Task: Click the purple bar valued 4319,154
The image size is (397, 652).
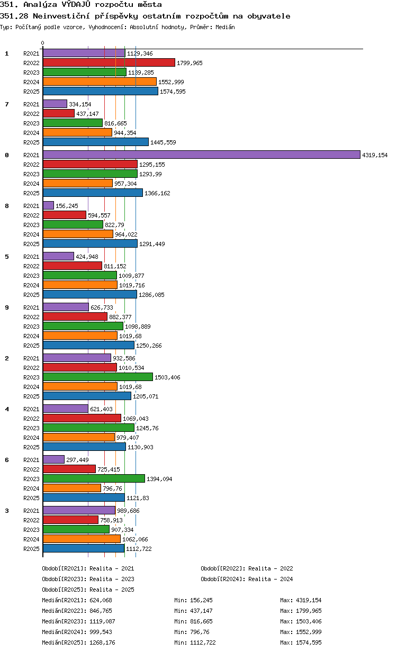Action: [201, 155]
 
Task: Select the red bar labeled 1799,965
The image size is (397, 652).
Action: [109, 62]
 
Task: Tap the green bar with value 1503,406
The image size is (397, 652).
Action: [98, 377]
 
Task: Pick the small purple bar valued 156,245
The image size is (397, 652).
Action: [48, 205]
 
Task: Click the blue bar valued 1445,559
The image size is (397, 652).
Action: [96, 142]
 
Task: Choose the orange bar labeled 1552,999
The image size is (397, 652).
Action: [100, 82]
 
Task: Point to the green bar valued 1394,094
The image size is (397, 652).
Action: [94, 478]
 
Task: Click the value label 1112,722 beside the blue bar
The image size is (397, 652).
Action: [139, 549]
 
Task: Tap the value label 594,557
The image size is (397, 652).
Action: [100, 215]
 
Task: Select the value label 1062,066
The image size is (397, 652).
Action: [135, 539]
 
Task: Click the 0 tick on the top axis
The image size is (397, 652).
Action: [43, 43]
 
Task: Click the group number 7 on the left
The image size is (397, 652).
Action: [7, 104]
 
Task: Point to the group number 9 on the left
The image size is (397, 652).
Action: [7, 307]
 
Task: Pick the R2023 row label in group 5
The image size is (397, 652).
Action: [31, 276]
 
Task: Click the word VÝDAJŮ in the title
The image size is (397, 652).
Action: [76, 4]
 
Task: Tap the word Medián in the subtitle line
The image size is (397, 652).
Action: [225, 27]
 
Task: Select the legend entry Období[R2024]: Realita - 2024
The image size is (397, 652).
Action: [247, 579]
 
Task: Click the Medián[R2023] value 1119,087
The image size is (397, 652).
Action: [102, 621]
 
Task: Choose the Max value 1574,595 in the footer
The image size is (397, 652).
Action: [309, 642]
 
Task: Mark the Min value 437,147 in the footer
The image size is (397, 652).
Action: [201, 611]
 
